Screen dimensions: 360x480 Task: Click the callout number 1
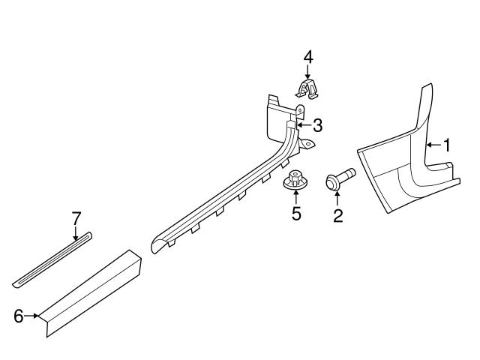446,144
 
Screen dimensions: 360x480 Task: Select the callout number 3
317,124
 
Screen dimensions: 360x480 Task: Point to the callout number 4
308,56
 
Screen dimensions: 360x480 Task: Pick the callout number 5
296,214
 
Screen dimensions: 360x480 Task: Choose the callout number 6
19,316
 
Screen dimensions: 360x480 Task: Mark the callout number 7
76,218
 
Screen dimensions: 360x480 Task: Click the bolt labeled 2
337,182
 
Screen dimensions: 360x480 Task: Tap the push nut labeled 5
295,181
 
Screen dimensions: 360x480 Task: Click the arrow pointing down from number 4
308,73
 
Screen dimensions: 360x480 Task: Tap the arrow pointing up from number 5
295,196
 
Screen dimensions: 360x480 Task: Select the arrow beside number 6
33,316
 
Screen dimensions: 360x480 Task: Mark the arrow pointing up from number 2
337,199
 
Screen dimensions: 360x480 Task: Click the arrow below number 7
76,233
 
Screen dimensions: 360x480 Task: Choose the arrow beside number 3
303,124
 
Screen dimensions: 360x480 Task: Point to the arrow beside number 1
433,144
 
